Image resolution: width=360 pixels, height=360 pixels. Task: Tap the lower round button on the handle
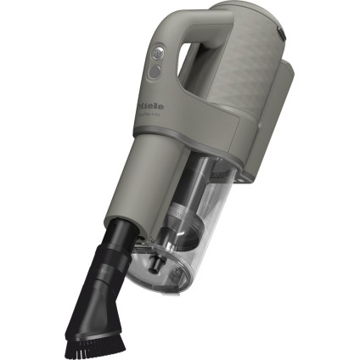[154, 73]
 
